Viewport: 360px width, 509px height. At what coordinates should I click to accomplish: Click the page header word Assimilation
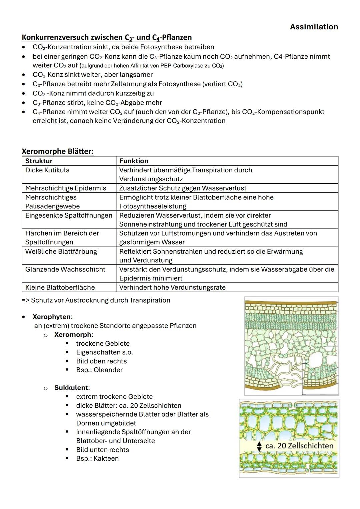(314, 27)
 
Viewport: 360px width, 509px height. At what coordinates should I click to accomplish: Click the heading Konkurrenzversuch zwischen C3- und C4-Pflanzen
(107, 37)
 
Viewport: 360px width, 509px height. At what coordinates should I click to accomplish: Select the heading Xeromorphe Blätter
(58, 151)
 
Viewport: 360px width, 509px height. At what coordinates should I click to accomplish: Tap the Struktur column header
(39, 161)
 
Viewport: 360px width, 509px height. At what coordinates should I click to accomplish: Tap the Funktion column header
(134, 161)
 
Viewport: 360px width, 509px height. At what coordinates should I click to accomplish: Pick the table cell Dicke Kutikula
(47, 170)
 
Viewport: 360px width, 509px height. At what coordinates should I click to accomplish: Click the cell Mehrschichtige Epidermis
(66, 188)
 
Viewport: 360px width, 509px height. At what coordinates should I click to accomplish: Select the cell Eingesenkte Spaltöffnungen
(69, 215)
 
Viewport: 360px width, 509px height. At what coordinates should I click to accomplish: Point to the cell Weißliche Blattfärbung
(61, 251)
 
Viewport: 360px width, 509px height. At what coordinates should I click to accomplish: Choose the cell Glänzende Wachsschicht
(65, 269)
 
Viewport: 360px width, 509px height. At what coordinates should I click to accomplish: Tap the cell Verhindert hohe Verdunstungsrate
(172, 287)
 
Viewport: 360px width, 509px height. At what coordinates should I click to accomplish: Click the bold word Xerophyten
(52, 317)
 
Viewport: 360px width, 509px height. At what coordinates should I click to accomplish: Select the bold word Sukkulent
(71, 388)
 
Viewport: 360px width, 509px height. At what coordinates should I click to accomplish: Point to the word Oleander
(108, 370)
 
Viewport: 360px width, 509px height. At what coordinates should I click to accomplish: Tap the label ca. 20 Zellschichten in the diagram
(299, 446)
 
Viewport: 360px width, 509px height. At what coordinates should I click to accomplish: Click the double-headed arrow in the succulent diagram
(259, 446)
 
